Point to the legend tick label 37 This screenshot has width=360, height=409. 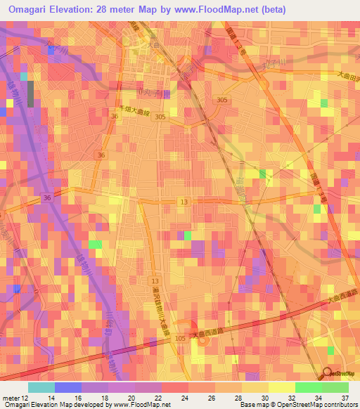point(344,398)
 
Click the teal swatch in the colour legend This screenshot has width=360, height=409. point(41,387)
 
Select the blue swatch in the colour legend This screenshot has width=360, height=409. point(67,387)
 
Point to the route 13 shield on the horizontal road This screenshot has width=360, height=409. point(184,202)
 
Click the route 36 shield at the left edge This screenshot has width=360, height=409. point(46,198)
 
